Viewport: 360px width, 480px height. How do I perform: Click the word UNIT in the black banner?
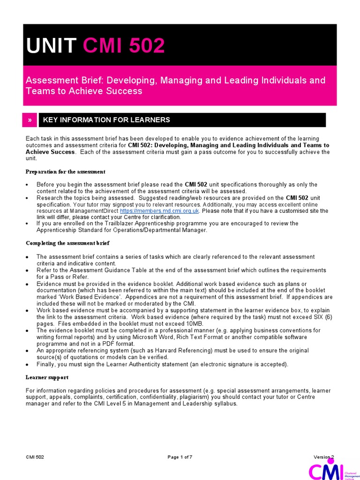(x=51, y=45)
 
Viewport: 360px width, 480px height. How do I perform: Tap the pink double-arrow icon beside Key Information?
(x=30, y=120)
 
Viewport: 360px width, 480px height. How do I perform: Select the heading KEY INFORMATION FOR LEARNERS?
(x=106, y=120)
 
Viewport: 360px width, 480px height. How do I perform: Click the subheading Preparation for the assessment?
(x=66, y=172)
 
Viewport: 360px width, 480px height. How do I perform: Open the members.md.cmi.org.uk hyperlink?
(x=160, y=211)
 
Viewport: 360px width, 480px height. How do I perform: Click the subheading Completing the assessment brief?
(x=67, y=243)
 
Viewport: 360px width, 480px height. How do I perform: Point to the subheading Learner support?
(x=47, y=377)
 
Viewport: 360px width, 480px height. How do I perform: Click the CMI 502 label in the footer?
(x=35, y=457)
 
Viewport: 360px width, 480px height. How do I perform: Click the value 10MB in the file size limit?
(x=179, y=323)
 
